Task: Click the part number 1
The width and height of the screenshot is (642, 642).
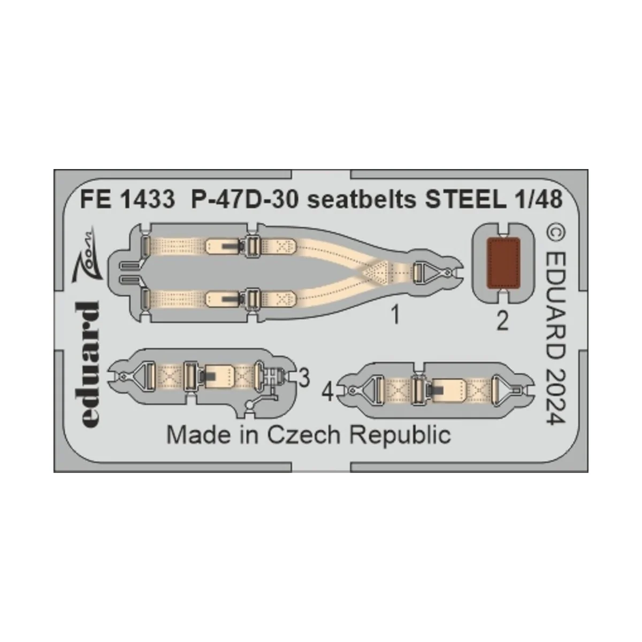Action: point(395,317)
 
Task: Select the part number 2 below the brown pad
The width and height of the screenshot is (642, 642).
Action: point(501,323)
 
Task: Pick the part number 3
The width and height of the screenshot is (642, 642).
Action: point(304,378)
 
